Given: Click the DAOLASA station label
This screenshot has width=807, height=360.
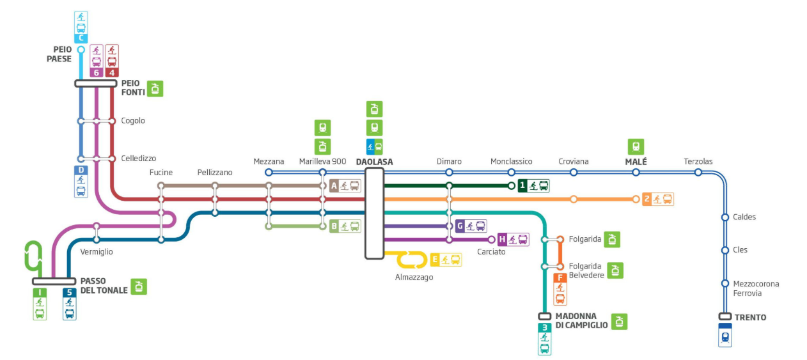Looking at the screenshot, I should pos(374,162).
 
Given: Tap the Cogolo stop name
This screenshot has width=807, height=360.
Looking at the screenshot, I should pos(133,121).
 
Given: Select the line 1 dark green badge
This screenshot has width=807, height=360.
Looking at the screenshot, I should pos(522,186).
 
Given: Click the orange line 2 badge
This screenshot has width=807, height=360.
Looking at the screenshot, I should pos(647,200).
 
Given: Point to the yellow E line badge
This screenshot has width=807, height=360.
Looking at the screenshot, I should pos(435,260).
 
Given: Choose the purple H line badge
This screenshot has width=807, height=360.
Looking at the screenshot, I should pos(502,240).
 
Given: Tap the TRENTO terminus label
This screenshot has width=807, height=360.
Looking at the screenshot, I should pos(751,318).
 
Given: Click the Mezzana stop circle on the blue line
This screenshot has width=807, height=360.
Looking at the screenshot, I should pos(269,172).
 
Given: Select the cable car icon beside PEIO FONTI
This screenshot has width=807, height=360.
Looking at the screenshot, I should pos(155,89).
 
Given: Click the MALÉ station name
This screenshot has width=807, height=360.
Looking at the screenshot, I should pos(636,162).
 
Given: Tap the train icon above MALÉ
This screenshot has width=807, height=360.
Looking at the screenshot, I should pos(636,146).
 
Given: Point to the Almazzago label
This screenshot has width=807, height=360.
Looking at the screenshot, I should pos(414,278).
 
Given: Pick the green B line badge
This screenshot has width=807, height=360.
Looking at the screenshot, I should pos(334,226).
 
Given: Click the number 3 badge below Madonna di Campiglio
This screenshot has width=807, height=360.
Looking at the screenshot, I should pos(544,327).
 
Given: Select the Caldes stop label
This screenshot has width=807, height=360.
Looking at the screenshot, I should pos(744,217).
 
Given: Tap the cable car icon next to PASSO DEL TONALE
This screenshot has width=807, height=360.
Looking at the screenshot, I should pos(139,286).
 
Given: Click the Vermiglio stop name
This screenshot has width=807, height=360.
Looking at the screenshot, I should pos(97,252).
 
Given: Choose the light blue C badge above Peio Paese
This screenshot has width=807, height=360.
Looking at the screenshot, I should pos(81,38).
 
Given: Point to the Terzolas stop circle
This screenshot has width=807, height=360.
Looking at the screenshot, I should pos(698,172).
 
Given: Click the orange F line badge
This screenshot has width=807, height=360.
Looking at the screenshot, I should pos(560,278).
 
